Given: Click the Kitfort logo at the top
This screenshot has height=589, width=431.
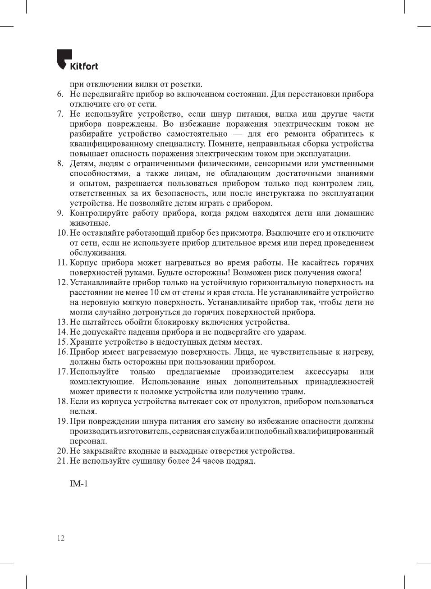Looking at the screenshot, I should coord(77,60).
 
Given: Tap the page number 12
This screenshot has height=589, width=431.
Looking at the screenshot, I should coord(61,538).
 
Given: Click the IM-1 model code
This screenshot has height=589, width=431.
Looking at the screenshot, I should coord(79,484).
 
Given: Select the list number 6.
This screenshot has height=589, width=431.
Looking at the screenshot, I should coord(60,94).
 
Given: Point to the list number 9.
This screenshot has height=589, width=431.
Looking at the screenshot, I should coord(60,213).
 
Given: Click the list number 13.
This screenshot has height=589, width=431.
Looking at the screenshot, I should coord(62,322).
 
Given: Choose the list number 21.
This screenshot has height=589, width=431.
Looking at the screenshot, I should coord(62,461).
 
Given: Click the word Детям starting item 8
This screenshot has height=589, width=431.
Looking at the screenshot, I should coord(83,164).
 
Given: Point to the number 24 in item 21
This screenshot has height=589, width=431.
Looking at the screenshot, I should coord(196,461).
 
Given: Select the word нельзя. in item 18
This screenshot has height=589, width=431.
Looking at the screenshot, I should coord(83,411).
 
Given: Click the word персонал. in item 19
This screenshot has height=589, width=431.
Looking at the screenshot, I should coord(88,441).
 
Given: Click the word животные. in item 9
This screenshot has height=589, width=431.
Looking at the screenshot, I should coord(90,223).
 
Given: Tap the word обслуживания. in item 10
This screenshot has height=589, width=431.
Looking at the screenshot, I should coord(98,253).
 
